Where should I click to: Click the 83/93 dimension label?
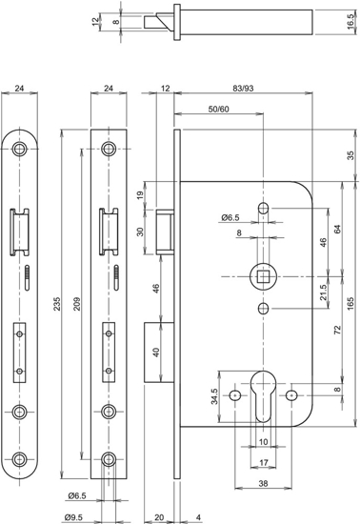pos(244,90)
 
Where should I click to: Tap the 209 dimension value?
pos(79,306)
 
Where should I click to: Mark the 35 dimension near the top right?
pos(350,155)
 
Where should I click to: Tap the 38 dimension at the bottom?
pos(263,484)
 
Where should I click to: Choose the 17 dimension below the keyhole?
pos(263,464)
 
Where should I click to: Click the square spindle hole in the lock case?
pos(262,277)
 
